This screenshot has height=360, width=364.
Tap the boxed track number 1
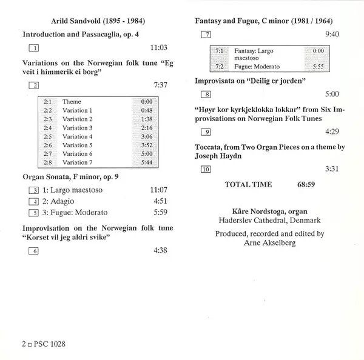pos(33,48)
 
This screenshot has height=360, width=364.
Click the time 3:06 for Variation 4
pos(146,137)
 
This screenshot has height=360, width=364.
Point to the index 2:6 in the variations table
pos(48,145)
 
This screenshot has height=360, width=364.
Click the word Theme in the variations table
pos(71,102)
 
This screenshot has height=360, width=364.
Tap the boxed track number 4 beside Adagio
pos(33,201)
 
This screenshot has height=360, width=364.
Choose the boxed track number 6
pos(33,250)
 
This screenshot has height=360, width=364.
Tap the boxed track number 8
pos(206,95)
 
